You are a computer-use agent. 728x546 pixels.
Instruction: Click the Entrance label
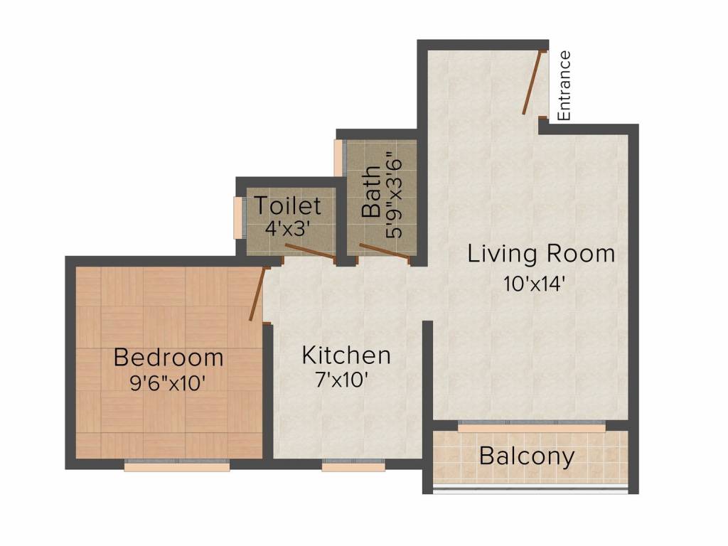point(564,85)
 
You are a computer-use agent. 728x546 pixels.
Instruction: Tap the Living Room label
point(541,254)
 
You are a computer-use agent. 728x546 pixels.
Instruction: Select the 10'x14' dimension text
point(535,284)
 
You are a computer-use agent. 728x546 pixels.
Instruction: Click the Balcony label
point(527,456)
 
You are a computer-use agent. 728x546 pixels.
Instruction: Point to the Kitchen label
point(346,355)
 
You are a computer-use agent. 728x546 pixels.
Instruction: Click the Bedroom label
point(168,357)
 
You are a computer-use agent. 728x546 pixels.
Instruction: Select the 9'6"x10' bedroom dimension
point(168,383)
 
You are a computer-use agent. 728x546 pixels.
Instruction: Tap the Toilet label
point(288,206)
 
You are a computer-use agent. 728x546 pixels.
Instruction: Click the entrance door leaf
point(534,83)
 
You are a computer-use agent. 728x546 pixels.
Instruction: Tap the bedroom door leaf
point(257,294)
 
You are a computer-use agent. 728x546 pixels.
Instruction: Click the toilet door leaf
point(310,252)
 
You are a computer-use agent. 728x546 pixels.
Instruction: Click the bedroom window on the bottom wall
point(177,466)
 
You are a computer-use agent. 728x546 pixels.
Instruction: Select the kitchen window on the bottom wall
point(353,466)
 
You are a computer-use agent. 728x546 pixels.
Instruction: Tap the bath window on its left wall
point(339,158)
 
